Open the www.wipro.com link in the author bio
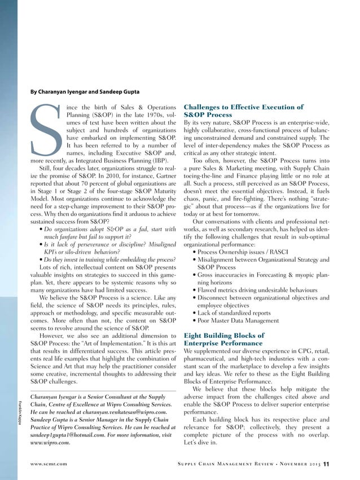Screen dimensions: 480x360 coord(50,443)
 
